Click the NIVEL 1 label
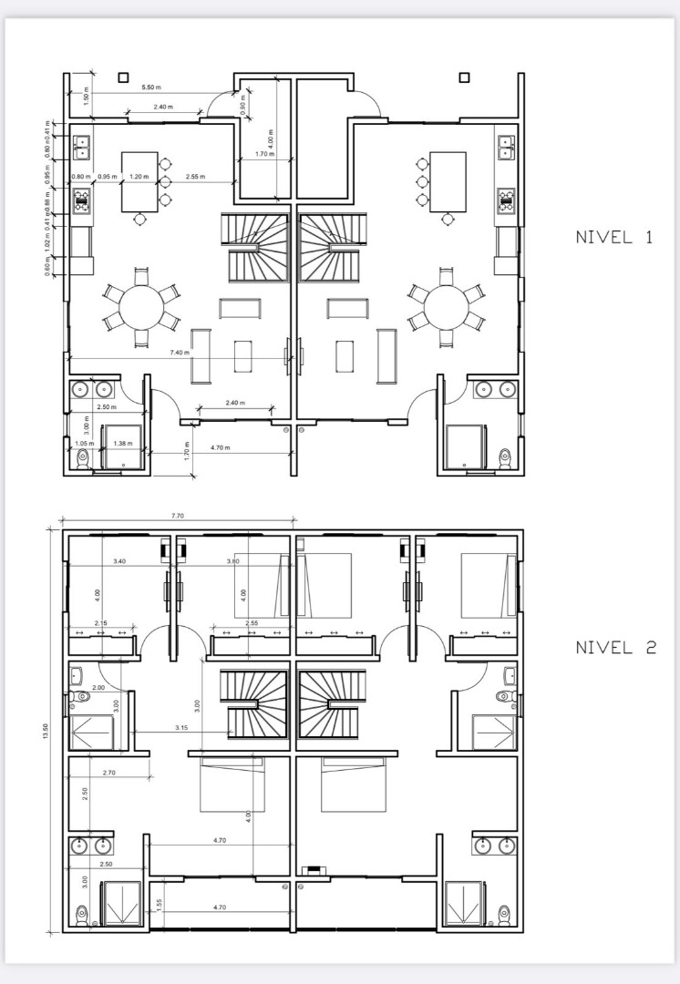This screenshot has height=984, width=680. point(614,238)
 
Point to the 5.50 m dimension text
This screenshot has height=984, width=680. point(151,87)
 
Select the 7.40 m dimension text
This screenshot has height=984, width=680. point(180,353)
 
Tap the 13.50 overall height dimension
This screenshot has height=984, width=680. point(46,732)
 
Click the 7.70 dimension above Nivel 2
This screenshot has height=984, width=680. point(178,516)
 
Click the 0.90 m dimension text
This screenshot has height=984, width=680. point(242,105)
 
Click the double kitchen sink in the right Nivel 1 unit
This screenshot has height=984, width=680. point(507,148)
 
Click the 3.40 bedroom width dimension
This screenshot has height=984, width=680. point(119,562)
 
